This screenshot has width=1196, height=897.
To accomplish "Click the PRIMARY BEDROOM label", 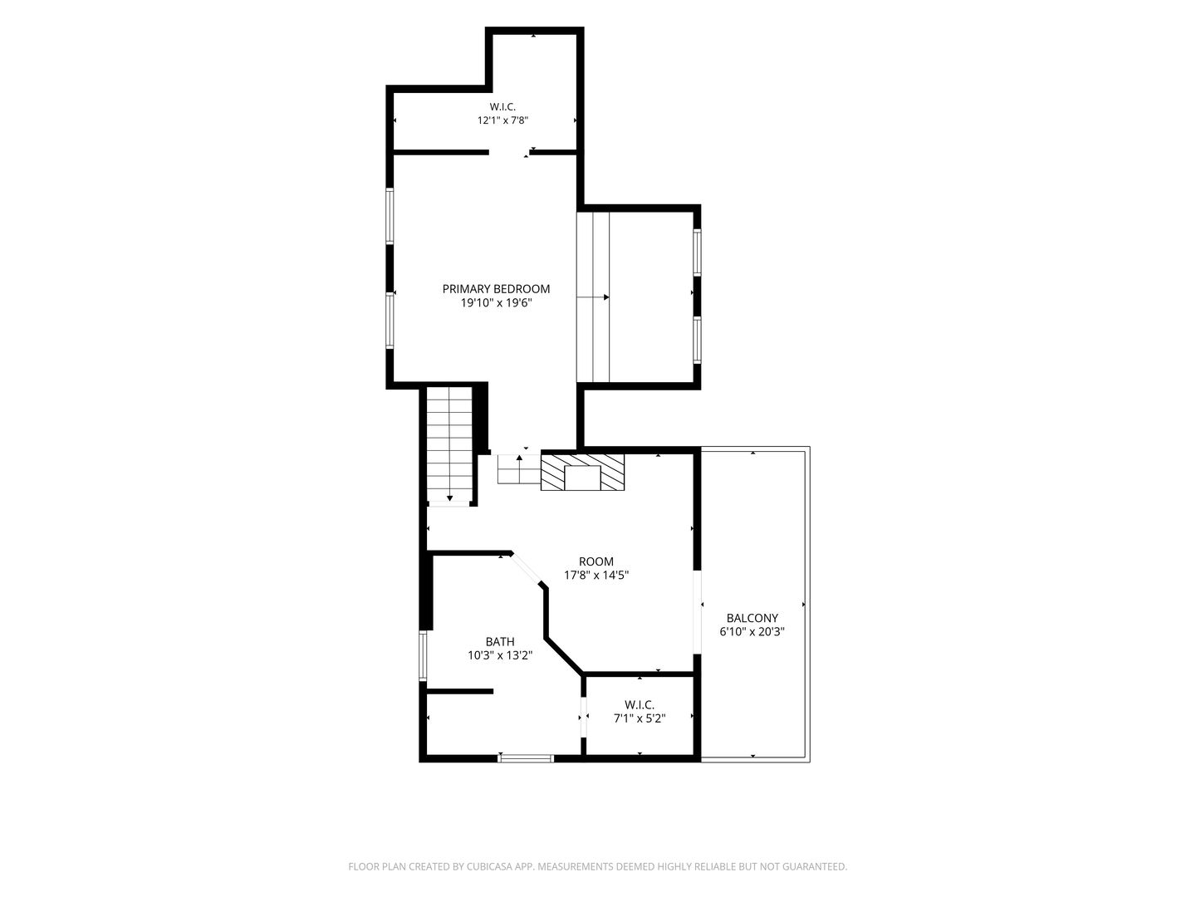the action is [496, 289].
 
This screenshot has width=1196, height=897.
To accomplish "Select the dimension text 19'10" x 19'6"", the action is [496, 303].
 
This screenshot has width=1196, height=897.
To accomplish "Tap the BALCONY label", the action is [752, 618].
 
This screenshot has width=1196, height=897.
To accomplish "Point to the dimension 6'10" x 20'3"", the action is [752, 632].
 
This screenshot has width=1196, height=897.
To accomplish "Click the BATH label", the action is [500, 641].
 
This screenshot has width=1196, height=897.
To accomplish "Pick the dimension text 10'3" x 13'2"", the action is [500, 655].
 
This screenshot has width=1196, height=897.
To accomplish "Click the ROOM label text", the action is [596, 561].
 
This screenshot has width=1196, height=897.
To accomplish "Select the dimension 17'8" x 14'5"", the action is [596, 575].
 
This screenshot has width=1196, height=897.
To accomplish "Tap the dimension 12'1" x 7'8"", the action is [502, 120].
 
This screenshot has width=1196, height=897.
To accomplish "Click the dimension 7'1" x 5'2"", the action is [640, 718].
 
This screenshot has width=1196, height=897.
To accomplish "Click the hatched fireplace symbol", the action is [582, 473].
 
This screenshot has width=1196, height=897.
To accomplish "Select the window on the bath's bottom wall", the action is [526, 758].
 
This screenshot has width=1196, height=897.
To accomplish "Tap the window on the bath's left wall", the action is [423, 656].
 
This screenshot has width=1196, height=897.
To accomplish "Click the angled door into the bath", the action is [526, 570].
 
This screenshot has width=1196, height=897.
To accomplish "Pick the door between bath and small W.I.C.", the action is [584, 718].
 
